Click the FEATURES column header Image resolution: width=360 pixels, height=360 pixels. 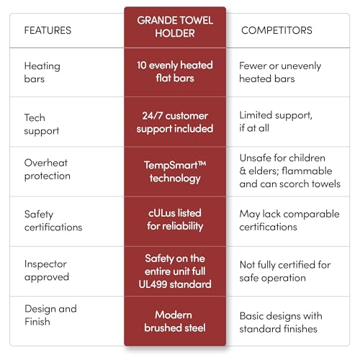pos(48,30)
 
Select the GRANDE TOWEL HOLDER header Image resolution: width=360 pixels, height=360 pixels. pos(175,27)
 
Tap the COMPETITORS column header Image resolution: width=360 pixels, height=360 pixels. pos(276,30)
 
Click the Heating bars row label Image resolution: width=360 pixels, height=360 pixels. pos(42,72)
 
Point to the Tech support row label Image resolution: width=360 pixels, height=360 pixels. pos(42,125)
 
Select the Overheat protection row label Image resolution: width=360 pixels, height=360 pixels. pos(48,169)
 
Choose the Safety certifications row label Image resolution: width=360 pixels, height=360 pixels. pos(53,220)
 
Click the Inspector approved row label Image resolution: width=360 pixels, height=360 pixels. pos(47,271)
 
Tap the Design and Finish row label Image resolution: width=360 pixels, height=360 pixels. pos(50,315)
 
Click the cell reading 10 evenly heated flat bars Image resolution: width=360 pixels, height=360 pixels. pos(175,71)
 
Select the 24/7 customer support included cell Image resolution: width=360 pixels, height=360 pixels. pos(175,122)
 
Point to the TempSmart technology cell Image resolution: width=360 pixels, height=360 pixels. pos(175,172)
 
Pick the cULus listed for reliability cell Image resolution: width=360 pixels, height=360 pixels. pos(175,220)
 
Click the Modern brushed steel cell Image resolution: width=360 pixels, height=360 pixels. pos(175,321)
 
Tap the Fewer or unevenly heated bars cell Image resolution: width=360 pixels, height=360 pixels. pos(280,72)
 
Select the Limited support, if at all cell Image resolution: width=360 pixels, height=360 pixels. pos(276,122)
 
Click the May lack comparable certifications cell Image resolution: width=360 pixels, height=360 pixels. pos(289,220)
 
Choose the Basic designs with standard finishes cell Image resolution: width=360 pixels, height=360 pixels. pos(281,323)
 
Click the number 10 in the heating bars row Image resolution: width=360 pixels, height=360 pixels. pos(142,66)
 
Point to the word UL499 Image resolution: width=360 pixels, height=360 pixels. pos(153,284)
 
